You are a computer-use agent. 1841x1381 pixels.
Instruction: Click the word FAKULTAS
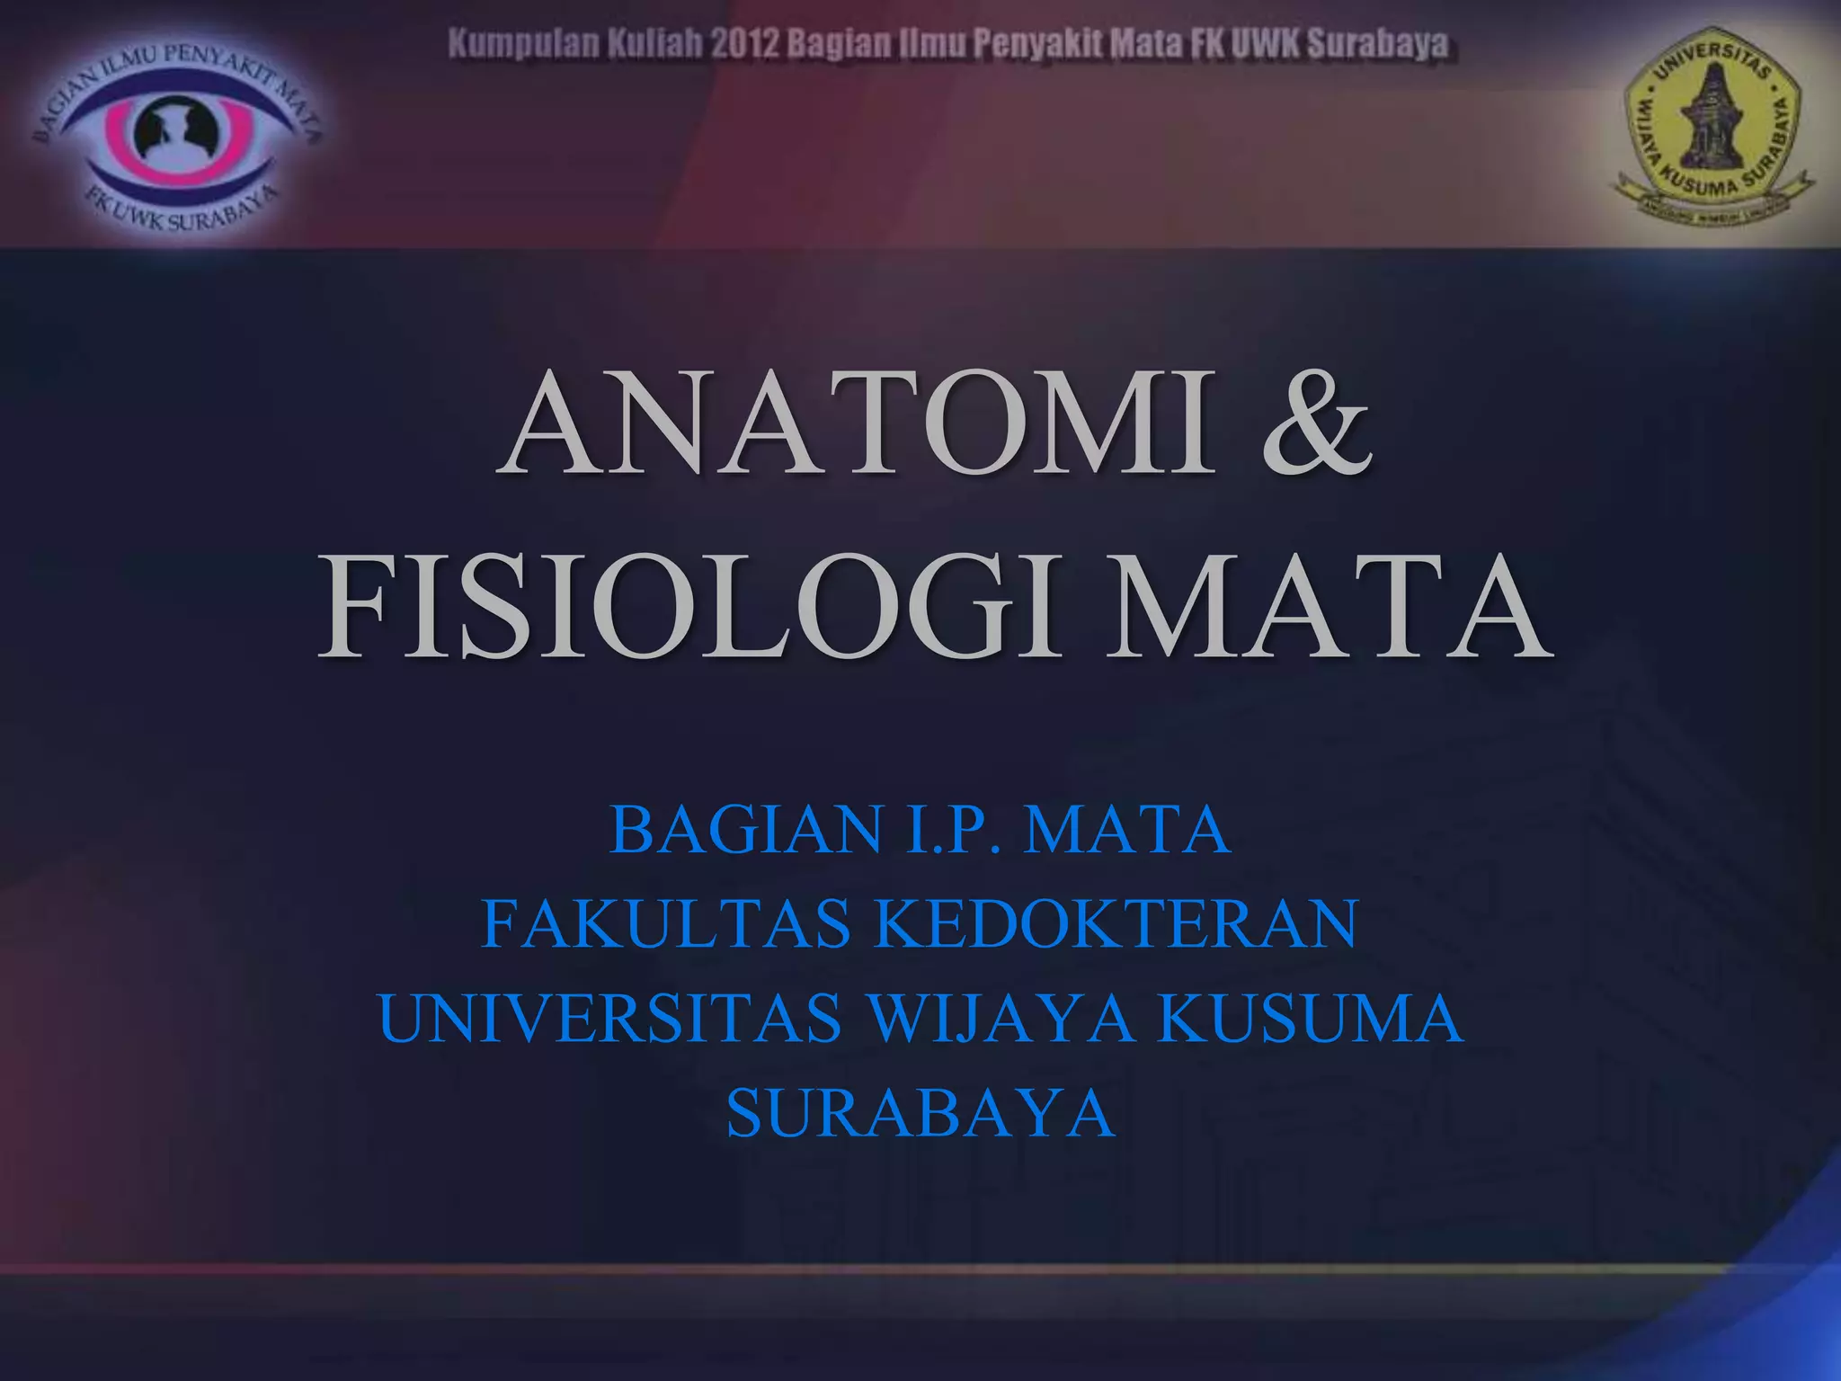(666, 924)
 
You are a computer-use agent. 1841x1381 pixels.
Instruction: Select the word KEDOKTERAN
(1116, 924)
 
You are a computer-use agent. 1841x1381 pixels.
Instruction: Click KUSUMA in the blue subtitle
(1310, 1019)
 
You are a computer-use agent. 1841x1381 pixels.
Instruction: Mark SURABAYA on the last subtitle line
(920, 1113)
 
